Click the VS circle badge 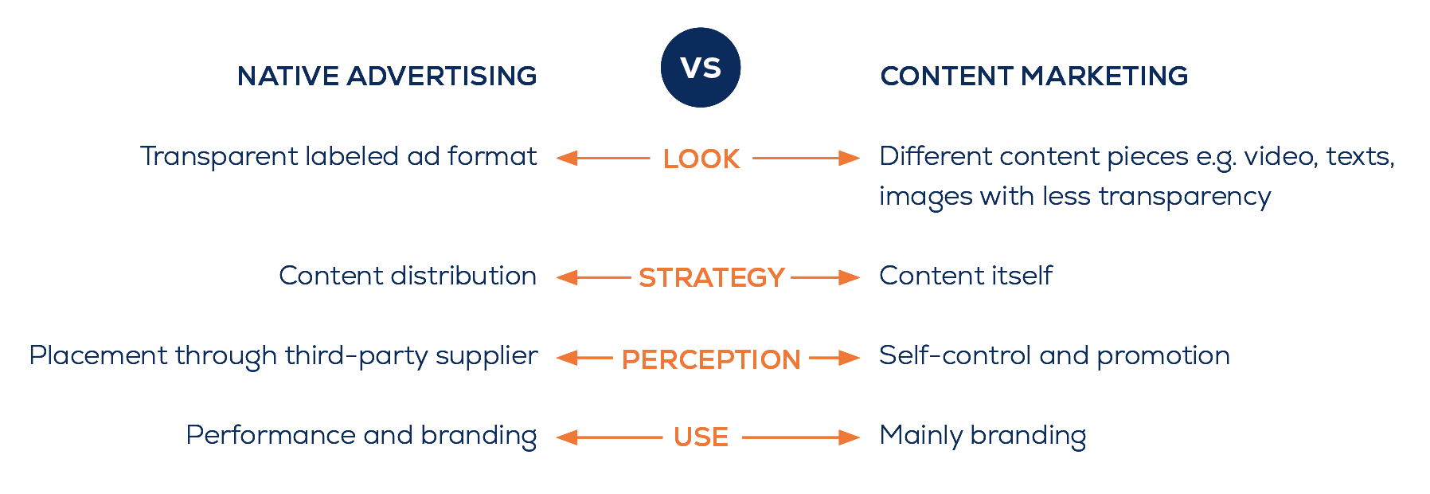[x=701, y=68]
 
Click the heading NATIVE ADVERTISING [x=387, y=76]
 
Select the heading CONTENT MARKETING [x=1033, y=76]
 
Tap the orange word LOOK [x=701, y=159]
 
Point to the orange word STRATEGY [x=712, y=278]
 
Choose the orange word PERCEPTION [x=711, y=359]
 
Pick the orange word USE [x=701, y=437]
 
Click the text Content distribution [x=408, y=276]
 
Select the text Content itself [x=965, y=276]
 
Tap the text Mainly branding [x=983, y=436]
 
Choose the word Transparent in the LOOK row [x=218, y=157]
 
